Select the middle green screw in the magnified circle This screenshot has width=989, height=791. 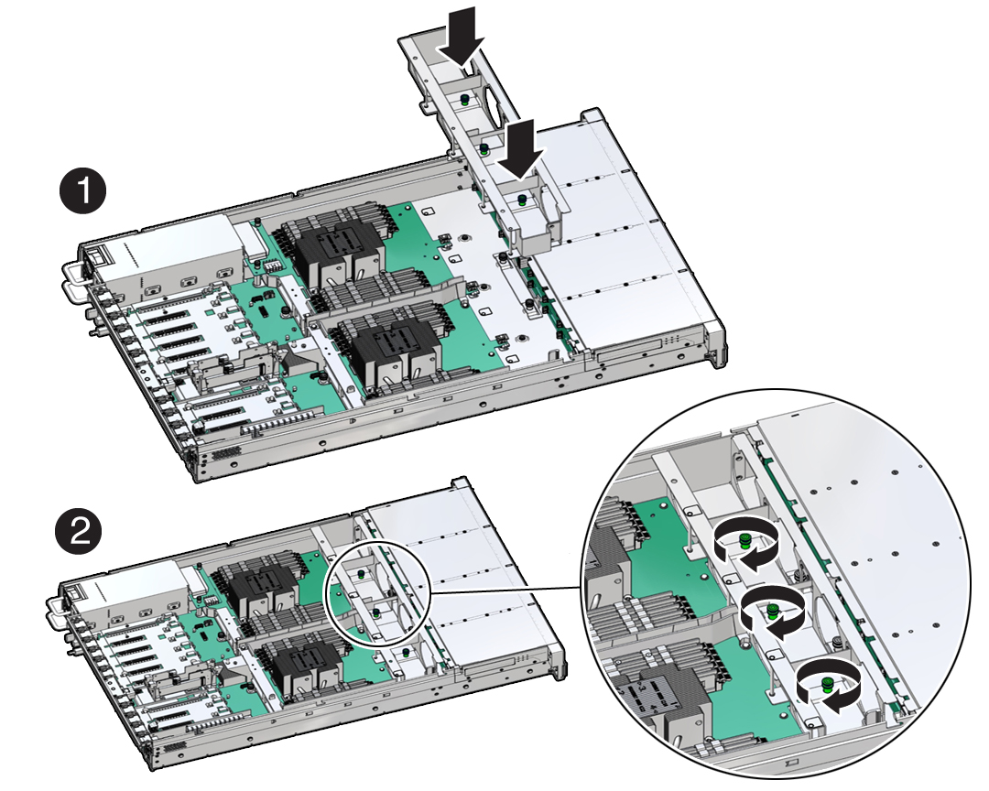pyautogui.click(x=771, y=612)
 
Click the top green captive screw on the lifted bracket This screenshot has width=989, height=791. pyautogui.click(x=464, y=101)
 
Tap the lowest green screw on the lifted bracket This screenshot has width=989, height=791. pyautogui.click(x=522, y=200)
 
